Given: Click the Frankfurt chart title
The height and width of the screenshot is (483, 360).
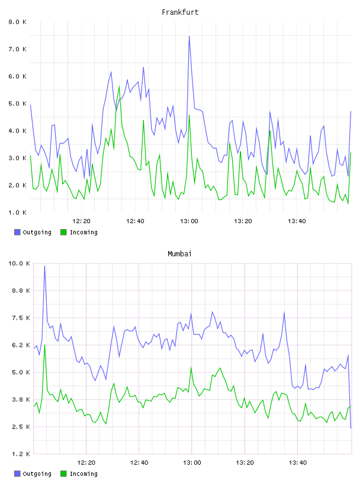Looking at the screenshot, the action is (x=180, y=12).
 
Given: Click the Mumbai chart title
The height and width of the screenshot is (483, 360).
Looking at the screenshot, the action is (x=179, y=254).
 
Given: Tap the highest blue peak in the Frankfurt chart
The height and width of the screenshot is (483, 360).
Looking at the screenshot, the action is (x=189, y=37).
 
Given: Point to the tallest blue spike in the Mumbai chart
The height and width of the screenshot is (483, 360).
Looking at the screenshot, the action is (x=44, y=266).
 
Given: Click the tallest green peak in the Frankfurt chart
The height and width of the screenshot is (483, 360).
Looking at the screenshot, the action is (x=119, y=86).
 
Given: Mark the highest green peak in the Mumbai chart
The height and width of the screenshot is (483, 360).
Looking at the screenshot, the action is (x=44, y=345).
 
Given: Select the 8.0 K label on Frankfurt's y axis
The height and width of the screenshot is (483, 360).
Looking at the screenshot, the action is (x=18, y=22).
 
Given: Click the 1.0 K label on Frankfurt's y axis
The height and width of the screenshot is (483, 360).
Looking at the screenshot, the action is (x=18, y=212).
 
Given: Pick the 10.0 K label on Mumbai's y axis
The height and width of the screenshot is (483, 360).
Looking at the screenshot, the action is (x=19, y=263).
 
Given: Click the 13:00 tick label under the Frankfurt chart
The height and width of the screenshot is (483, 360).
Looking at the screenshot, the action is (x=189, y=221).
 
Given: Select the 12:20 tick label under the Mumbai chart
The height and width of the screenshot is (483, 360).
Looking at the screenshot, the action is (x=86, y=463).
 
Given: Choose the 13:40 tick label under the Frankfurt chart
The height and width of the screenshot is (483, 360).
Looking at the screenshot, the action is (x=297, y=221).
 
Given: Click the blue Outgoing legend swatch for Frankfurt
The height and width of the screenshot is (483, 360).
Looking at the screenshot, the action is (x=17, y=232).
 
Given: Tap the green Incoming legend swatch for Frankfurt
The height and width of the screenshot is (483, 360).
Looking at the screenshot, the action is (x=63, y=232).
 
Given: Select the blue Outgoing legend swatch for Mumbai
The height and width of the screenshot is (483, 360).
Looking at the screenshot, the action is (x=17, y=474).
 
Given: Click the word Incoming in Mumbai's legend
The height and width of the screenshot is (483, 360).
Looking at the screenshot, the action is (x=84, y=474).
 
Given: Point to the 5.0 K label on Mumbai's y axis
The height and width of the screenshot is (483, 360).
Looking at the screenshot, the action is (x=21, y=372).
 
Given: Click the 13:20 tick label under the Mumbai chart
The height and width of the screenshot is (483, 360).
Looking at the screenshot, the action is (x=245, y=463).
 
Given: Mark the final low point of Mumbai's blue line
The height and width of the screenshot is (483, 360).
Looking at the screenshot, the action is (x=351, y=428).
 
